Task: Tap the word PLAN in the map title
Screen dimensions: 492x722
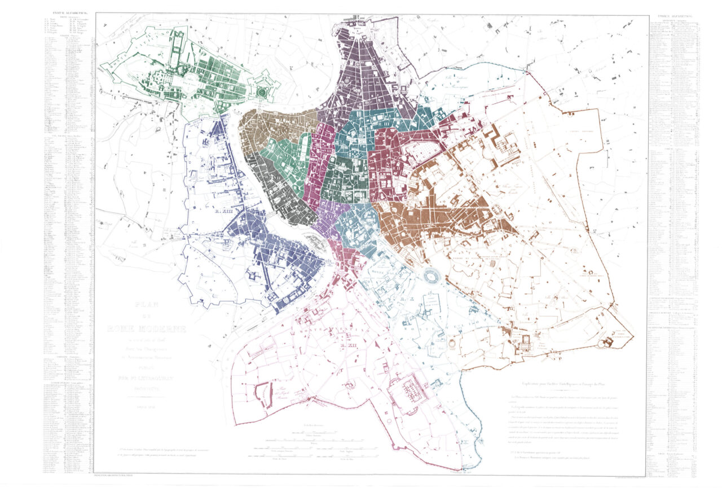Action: coord(146,305)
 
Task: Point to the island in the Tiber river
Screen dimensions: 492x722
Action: coord(313,241)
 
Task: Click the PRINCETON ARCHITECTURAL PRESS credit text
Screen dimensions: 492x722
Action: coord(115,477)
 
